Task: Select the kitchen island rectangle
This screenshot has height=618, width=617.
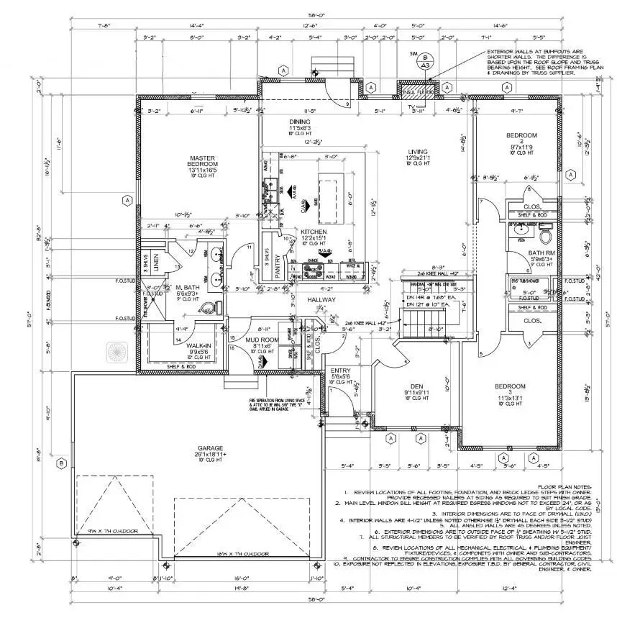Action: (327, 196)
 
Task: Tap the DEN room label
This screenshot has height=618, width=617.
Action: (416, 387)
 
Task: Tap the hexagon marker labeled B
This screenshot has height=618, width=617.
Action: (62, 463)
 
